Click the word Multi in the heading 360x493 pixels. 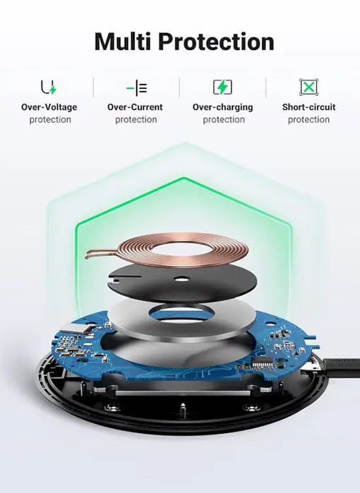point(123,42)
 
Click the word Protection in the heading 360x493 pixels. point(216,42)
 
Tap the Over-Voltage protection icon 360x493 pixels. point(49,87)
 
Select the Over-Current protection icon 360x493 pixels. point(136,87)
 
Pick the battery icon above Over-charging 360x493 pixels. point(222,87)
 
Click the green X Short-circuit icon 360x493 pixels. point(308,87)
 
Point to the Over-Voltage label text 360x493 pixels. point(49,107)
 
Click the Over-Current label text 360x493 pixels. point(135,107)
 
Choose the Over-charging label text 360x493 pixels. point(223,107)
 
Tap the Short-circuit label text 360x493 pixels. point(308,107)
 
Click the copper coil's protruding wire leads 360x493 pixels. point(101,253)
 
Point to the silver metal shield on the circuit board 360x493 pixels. point(75,329)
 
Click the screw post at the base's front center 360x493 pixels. point(182,409)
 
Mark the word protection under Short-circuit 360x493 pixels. point(308,120)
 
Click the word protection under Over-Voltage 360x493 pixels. point(50,120)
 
